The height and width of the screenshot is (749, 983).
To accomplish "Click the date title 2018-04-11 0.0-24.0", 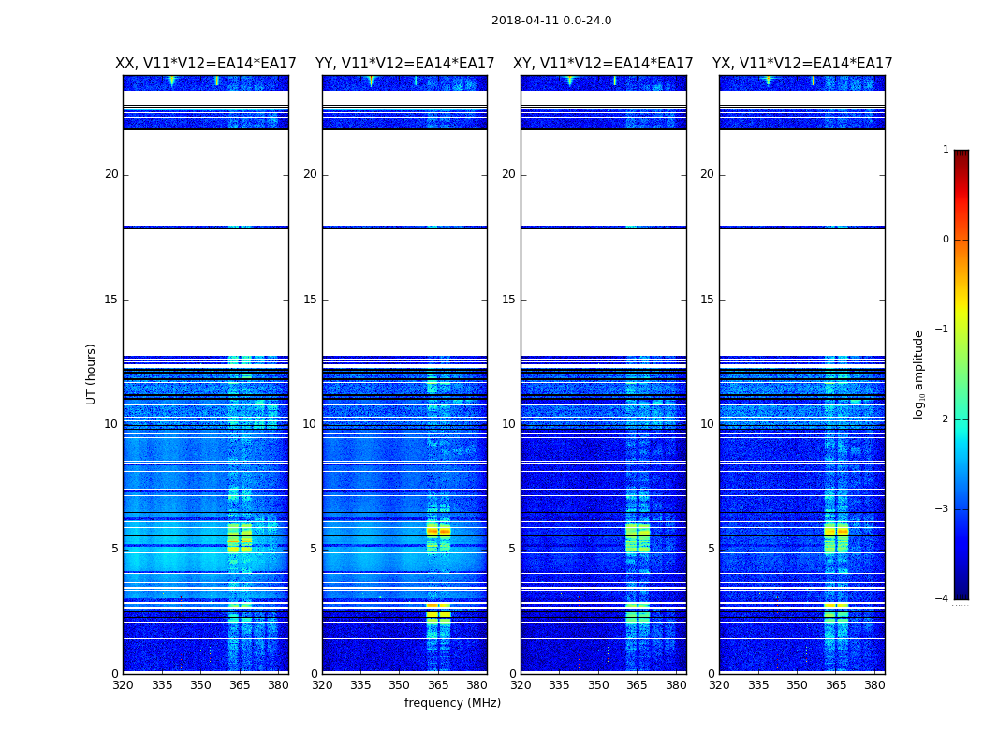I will (551, 21).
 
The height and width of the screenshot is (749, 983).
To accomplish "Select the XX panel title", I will (206, 64).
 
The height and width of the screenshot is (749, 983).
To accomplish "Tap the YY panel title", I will (404, 64).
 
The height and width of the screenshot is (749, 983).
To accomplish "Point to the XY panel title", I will (603, 64).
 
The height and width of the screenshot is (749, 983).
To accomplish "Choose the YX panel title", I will (802, 64).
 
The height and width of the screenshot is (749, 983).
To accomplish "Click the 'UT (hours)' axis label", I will (91, 374).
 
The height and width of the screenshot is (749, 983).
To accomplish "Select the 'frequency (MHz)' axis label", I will (452, 703).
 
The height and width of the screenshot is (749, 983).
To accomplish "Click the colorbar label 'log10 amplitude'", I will (919, 374).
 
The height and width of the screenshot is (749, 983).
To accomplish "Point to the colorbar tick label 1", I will (945, 150).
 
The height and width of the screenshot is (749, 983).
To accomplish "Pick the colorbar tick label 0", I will (945, 240).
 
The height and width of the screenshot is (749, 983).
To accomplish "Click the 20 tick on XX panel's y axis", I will (111, 174).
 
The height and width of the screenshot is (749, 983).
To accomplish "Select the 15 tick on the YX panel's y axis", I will (707, 300).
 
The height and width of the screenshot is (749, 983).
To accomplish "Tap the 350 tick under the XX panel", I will (200, 685).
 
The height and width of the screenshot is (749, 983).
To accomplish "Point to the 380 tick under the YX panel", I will (874, 685).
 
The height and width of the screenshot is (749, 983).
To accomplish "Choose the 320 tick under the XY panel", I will (521, 685).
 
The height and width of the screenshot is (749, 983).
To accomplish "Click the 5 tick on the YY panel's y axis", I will (314, 549).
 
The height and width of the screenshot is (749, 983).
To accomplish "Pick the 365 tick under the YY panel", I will (438, 685).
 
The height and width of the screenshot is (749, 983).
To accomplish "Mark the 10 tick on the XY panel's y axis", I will (508, 424).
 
